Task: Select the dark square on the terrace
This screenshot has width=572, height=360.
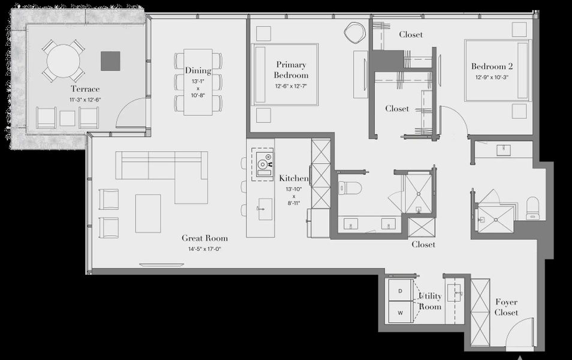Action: point(110,61)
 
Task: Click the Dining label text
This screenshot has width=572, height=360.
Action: point(197,71)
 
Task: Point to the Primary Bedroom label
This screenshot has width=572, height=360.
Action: point(291,70)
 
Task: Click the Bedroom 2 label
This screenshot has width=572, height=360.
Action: point(492,67)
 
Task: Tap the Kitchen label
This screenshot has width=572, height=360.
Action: point(294,178)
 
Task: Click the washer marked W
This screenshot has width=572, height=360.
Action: point(400,313)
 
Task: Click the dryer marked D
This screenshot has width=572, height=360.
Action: point(400,292)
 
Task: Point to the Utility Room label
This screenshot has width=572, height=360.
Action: point(430,301)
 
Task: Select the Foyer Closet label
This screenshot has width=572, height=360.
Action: point(506,307)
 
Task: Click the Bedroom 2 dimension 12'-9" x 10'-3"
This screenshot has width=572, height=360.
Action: point(492,77)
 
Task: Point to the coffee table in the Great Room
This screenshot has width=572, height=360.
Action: point(147,213)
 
